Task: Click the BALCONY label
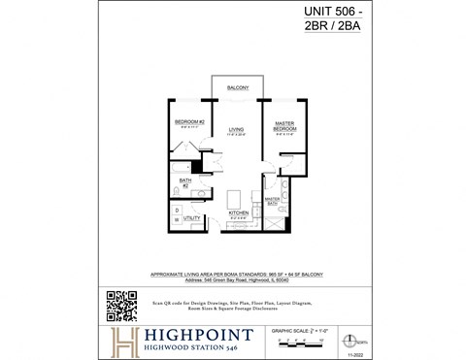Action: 238,88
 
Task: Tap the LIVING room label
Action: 237,129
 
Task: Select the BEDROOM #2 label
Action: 187,123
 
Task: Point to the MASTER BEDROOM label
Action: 283,126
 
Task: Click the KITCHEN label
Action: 238,213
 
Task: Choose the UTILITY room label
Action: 192,218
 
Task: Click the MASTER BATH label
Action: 275,201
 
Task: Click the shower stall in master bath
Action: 275,221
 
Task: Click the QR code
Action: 120,305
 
